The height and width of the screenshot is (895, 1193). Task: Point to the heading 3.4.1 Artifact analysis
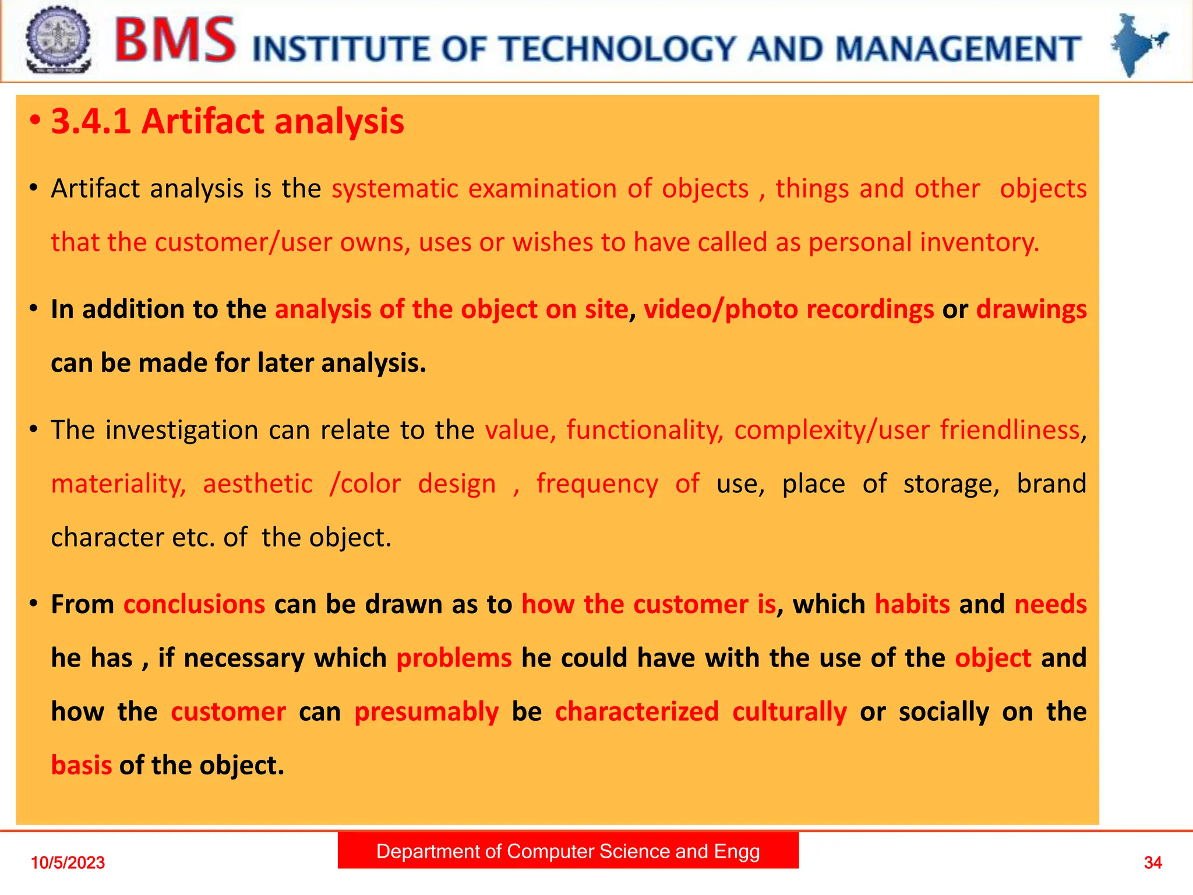(227, 122)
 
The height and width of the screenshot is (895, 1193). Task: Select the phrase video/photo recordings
(789, 309)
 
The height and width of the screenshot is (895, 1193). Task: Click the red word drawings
(1031, 309)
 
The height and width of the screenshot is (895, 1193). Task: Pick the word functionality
(644, 430)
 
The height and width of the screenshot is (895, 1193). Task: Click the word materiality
(118, 484)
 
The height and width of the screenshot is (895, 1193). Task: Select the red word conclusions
(194, 604)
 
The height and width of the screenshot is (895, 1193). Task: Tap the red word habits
(912, 604)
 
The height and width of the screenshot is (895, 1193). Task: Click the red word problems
(454, 658)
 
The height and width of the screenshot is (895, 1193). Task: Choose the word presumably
(426, 712)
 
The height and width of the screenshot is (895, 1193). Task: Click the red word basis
(81, 765)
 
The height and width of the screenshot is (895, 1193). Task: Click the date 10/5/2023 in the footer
(68, 862)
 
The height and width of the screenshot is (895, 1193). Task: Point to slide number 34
(1153, 862)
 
